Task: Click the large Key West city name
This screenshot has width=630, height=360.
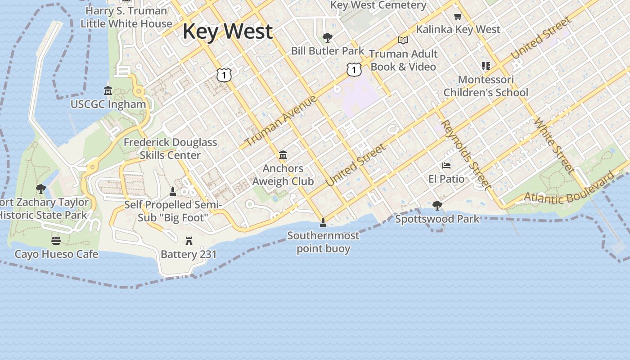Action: (227, 31)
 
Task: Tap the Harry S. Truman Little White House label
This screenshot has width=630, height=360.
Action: (126, 17)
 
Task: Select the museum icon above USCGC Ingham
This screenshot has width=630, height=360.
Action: (108, 90)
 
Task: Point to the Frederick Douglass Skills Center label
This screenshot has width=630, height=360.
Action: (170, 148)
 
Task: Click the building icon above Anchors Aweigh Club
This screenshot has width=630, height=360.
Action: (283, 155)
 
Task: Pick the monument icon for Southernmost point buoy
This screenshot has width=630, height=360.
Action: (323, 222)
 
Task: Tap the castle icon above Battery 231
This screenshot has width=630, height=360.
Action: (189, 241)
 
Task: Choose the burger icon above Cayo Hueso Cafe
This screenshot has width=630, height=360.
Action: (56, 240)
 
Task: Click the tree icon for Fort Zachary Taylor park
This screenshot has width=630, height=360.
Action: (41, 189)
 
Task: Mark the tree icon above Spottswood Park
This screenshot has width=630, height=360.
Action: (437, 206)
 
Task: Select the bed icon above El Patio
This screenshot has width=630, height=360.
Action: (446, 166)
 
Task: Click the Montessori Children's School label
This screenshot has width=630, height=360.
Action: (486, 86)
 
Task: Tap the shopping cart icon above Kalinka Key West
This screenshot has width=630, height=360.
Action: (458, 17)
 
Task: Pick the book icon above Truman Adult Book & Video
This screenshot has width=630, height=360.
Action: (403, 40)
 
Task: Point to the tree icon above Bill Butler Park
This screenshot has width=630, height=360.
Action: (328, 37)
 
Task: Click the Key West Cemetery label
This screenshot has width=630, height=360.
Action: (378, 5)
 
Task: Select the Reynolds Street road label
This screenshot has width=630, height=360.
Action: (466, 154)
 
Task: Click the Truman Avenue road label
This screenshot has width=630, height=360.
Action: (281, 121)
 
